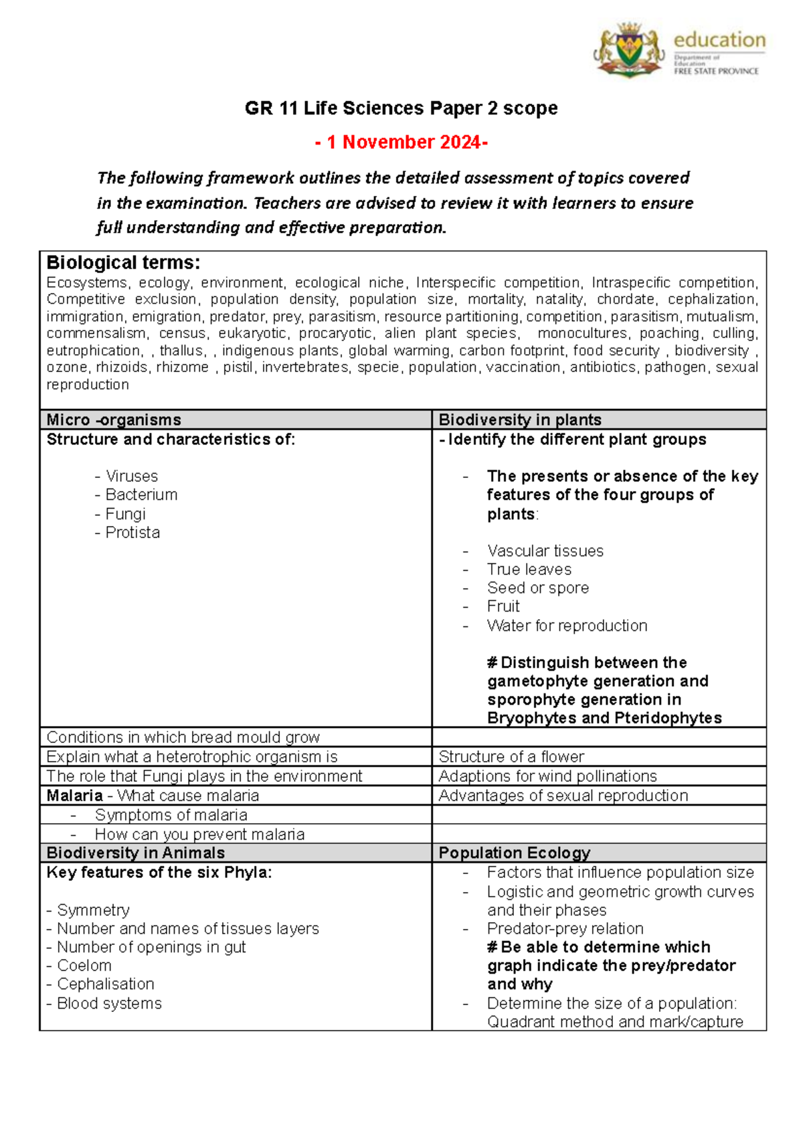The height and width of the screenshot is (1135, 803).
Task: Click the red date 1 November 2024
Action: pyautogui.click(x=401, y=143)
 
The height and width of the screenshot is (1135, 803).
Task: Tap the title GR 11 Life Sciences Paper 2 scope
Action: pyautogui.click(x=401, y=108)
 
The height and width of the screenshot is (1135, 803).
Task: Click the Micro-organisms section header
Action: pyautogui.click(x=114, y=420)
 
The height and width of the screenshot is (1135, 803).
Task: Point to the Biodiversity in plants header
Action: pyautogui.click(x=519, y=420)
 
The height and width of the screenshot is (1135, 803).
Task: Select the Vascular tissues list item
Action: pyautogui.click(x=545, y=551)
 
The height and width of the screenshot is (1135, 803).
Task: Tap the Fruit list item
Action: pyautogui.click(x=503, y=606)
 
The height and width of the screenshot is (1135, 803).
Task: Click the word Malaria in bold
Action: pyautogui.click(x=74, y=796)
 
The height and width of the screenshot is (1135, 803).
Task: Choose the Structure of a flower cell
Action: pyautogui.click(x=511, y=757)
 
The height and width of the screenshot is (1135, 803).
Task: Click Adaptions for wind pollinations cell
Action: pyautogui.click(x=547, y=776)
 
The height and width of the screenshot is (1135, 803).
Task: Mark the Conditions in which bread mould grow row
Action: pyautogui.click(x=183, y=737)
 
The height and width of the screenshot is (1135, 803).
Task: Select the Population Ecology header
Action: pyautogui.click(x=514, y=853)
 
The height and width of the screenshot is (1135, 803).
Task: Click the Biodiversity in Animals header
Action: pyautogui.click(x=135, y=853)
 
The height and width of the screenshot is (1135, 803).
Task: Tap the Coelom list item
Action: pyautogui.click(x=84, y=966)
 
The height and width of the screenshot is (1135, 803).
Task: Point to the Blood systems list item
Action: pyautogui.click(x=108, y=1003)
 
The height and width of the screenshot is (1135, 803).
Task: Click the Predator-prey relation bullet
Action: pyautogui.click(x=565, y=929)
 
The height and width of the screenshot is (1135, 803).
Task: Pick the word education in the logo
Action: pyautogui.click(x=719, y=40)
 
